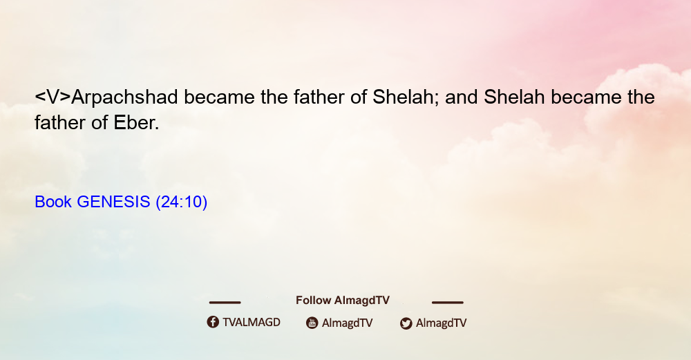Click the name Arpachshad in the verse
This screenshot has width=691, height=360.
124,97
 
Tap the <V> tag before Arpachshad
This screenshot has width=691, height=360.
53,97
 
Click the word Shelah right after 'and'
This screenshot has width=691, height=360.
514,97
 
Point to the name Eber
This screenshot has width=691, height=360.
136,123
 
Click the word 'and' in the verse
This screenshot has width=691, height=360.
462,97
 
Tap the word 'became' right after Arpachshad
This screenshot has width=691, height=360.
220,97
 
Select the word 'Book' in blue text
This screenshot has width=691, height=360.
53,202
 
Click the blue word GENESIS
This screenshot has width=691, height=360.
114,202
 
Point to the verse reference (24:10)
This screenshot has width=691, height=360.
182,202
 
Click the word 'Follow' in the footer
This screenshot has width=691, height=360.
313,300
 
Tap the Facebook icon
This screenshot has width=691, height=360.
213,322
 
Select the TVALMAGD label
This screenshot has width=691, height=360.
252,322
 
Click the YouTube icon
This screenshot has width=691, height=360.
312,323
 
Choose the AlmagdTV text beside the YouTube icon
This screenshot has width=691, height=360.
348,323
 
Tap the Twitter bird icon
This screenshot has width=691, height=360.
406,323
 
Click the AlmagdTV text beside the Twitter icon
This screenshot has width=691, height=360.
441,323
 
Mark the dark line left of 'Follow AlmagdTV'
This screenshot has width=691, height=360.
225,302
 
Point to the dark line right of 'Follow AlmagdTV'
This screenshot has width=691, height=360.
448,302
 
